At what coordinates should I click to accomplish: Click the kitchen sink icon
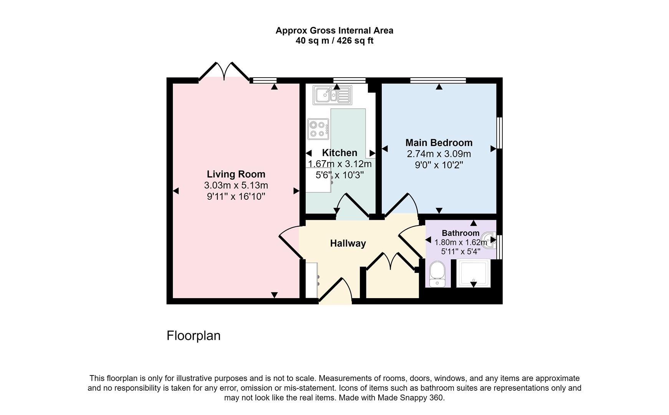click(332, 95)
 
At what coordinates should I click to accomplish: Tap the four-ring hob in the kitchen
click(318, 129)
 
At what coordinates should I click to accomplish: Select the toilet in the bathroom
click(437, 274)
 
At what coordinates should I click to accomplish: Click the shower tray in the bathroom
click(473, 273)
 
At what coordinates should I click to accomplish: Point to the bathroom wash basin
click(490, 241)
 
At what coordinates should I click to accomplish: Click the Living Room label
click(236, 174)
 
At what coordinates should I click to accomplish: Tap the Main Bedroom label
click(439, 143)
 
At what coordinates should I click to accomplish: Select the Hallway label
click(348, 243)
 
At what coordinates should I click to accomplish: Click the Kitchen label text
click(339, 153)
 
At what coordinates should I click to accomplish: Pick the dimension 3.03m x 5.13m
click(236, 185)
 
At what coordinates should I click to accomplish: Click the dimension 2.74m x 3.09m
click(439, 154)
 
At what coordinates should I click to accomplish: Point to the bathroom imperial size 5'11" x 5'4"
click(460, 252)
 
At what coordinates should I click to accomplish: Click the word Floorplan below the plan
click(193, 336)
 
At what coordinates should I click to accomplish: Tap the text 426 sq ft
click(354, 41)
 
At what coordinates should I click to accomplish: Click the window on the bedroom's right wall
click(500, 133)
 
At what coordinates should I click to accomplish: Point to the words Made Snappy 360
click(411, 398)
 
